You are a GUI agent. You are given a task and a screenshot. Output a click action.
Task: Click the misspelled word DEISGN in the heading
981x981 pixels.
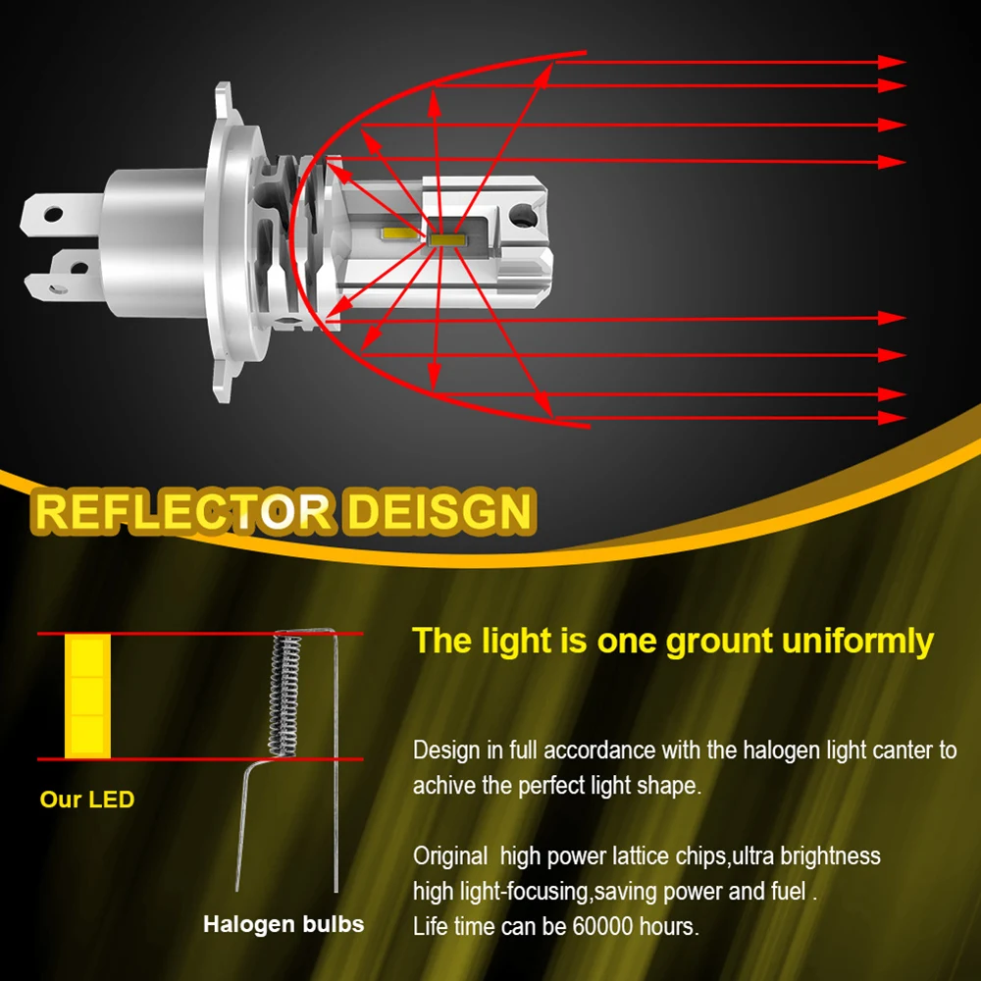(439, 512)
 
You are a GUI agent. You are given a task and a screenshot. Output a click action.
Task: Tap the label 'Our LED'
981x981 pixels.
(87, 800)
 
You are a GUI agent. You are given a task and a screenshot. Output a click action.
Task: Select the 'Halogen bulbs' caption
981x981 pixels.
(284, 924)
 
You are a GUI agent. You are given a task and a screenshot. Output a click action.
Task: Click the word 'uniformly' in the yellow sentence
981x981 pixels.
(858, 641)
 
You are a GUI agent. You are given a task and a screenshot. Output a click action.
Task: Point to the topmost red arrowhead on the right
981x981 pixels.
(891, 62)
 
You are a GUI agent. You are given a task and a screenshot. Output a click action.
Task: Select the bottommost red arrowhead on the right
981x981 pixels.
(891, 418)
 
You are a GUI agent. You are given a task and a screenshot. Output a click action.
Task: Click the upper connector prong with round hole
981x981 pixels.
(59, 212)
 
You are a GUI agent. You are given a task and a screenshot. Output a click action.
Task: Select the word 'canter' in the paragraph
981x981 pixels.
(918, 751)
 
